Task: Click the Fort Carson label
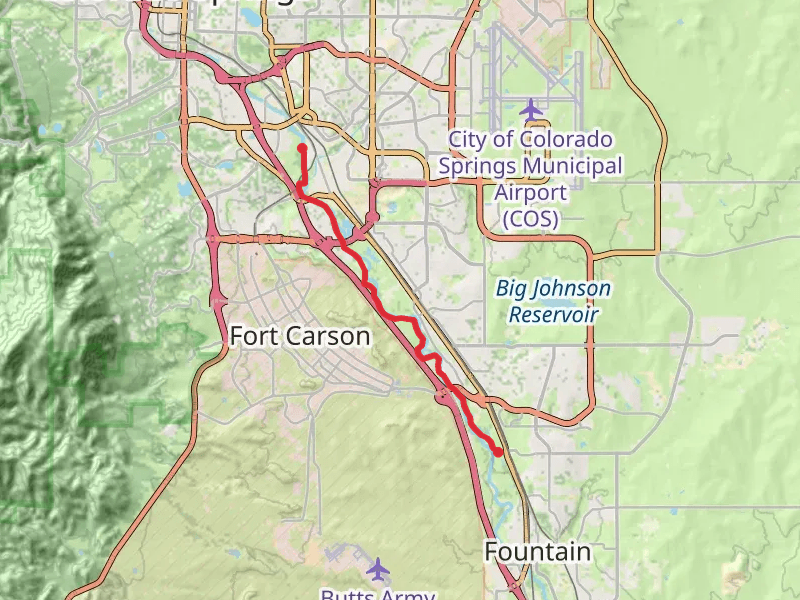tap(300, 336)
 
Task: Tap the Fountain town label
tap(537, 551)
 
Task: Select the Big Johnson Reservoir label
tap(553, 301)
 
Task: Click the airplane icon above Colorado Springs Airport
tap(531, 107)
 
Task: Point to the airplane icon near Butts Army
tap(377, 569)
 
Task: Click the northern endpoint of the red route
tap(302, 148)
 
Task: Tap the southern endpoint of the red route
tap(498, 451)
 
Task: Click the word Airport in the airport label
tap(531, 192)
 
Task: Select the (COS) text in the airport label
tap(531, 217)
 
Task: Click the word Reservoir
tap(553, 314)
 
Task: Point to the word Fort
tap(252, 336)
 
